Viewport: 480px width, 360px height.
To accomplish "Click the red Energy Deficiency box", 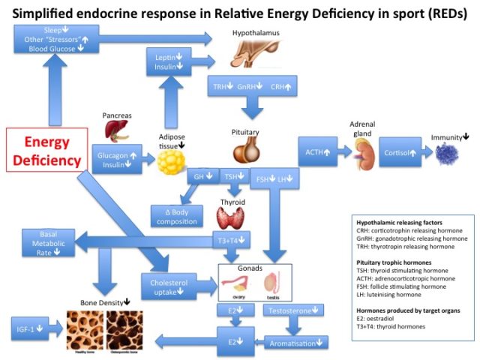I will (x=52, y=150).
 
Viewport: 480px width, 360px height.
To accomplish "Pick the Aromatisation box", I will (x=296, y=343).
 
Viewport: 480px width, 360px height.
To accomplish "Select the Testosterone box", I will (x=294, y=309).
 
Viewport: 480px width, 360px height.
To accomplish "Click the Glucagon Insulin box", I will (x=121, y=160).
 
